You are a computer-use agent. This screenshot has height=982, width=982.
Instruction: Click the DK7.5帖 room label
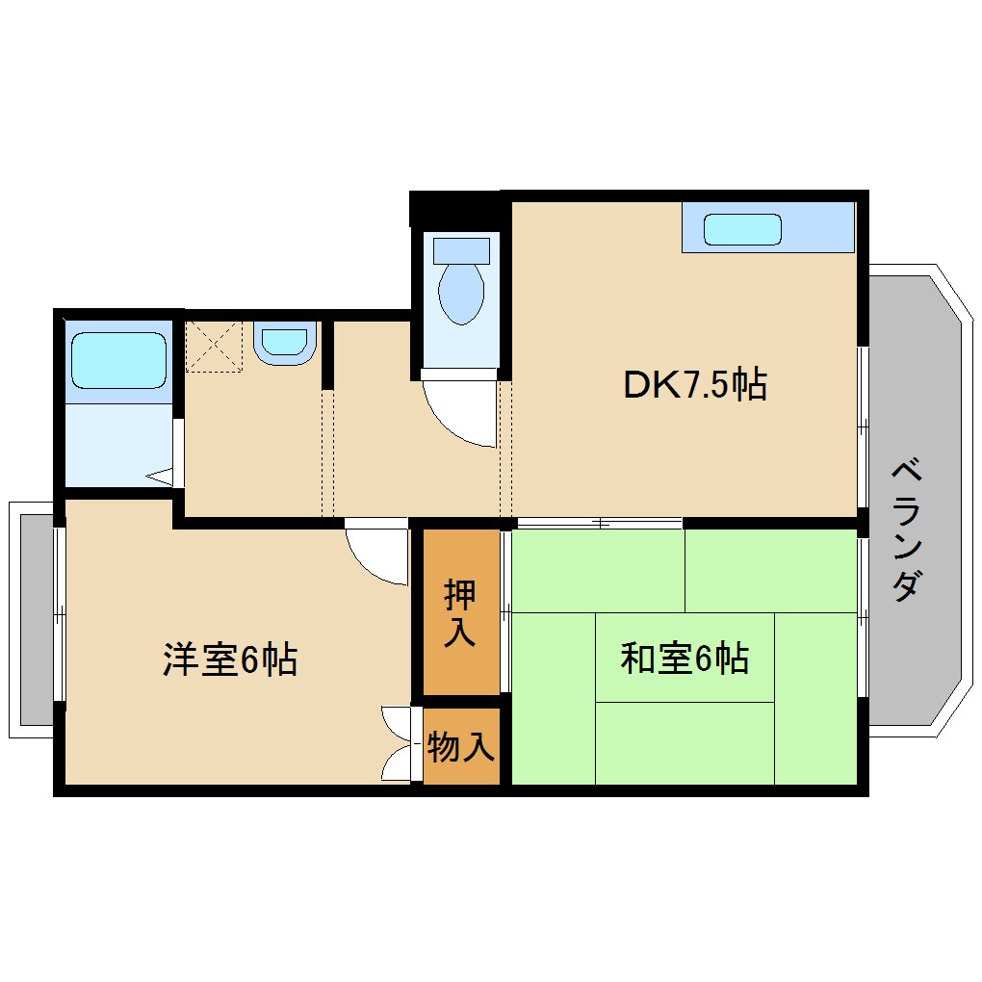point(694,386)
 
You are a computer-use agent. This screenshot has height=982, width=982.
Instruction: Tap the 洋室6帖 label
point(229,659)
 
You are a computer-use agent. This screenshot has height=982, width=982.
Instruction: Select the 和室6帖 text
point(685,659)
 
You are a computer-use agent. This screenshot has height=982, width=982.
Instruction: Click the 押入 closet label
point(459,613)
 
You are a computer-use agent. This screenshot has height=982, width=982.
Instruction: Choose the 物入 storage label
point(461,746)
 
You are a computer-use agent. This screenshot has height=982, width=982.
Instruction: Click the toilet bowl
point(460,293)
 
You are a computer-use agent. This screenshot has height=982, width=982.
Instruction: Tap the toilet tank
point(461,250)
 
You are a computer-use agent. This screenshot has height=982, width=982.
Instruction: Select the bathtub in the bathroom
point(117,360)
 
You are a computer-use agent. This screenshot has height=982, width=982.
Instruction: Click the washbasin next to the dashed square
point(285,343)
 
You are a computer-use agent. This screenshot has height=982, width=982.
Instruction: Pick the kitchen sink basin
point(741,230)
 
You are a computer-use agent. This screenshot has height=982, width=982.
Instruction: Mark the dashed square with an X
point(214,345)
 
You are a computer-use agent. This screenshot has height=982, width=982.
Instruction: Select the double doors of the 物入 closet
point(400,743)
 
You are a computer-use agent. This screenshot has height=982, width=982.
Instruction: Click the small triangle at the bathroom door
point(160,476)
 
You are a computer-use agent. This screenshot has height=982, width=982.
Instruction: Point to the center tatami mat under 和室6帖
point(685,658)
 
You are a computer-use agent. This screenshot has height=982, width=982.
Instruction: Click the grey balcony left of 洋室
point(36,619)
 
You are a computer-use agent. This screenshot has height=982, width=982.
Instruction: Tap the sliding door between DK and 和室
point(599,523)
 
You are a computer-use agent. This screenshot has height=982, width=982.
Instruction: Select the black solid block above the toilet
point(454,210)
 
